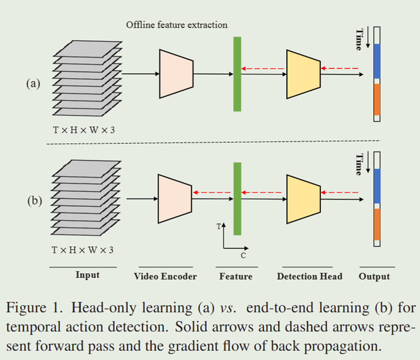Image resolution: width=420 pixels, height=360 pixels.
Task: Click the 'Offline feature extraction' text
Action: [176, 25]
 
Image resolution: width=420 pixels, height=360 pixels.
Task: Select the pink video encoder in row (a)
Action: [176, 73]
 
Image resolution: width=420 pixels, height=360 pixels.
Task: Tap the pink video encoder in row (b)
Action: [175, 199]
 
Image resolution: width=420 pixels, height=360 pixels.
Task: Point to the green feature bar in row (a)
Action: [237, 74]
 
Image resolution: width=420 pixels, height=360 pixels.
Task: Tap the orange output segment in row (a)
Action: [377, 99]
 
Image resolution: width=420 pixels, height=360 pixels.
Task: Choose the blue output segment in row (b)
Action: [377, 186]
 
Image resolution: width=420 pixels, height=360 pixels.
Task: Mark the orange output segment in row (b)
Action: [377, 224]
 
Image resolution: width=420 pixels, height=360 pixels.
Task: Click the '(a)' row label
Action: [33, 83]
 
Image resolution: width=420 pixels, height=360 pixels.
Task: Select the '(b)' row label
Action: [33, 201]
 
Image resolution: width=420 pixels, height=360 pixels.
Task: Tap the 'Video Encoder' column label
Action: [165, 276]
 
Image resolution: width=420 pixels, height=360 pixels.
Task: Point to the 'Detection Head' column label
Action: [309, 276]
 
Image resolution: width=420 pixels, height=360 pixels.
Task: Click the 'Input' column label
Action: [87, 275]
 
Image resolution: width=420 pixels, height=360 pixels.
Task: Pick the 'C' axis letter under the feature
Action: [244, 256]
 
